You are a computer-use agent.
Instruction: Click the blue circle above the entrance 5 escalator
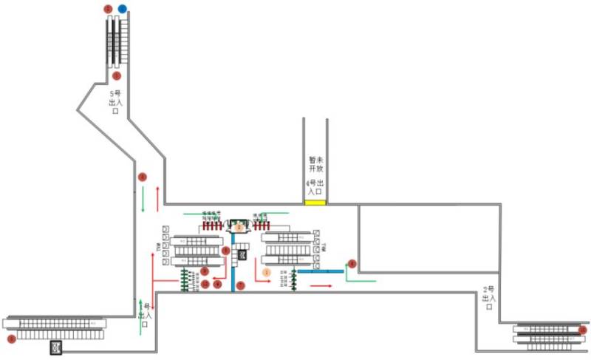click(123, 9)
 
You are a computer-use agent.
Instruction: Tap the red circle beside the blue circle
click(109, 9)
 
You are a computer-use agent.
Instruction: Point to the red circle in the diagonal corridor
click(142, 177)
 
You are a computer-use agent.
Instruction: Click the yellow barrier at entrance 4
click(315, 202)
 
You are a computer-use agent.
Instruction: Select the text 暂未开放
click(316, 163)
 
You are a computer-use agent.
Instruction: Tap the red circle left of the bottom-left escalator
click(10, 339)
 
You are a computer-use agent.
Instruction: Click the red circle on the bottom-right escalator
click(582, 330)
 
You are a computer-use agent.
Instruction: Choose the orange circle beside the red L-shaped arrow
click(267, 272)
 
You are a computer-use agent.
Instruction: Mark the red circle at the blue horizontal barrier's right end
click(352, 263)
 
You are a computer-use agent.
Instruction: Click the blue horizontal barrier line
click(321, 271)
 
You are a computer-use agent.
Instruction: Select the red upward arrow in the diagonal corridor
click(157, 198)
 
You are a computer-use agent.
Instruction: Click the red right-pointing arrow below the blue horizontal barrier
click(321, 285)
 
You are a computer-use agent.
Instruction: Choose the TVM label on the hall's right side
click(324, 249)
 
